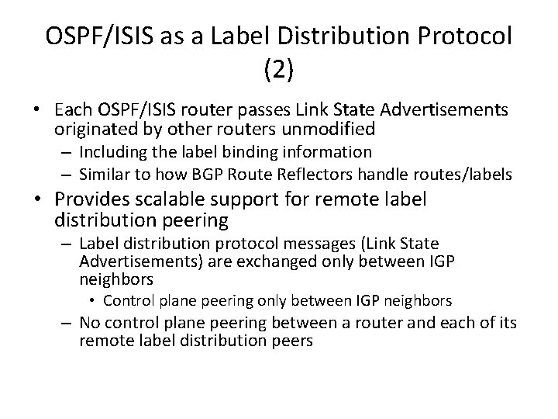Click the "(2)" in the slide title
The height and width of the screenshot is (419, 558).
(x=278, y=71)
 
